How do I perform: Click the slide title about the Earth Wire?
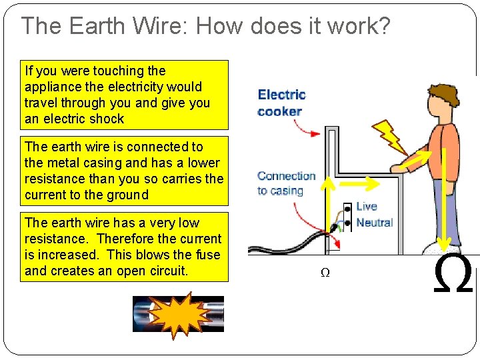coord(205,26)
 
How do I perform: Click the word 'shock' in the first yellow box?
coord(106,119)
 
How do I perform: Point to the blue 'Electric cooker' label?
coord(281,103)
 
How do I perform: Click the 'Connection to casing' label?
coord(287,183)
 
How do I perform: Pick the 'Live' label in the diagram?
coord(367,206)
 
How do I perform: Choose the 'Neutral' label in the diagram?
coord(374,223)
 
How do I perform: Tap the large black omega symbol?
coord(453,275)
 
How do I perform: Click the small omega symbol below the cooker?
coord(325,273)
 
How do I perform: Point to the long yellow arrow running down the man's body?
coord(443,200)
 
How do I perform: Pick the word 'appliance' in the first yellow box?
coord(52,87)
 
